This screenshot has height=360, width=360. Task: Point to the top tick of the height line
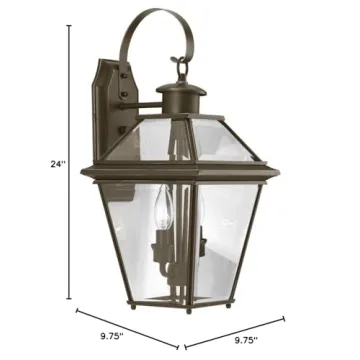69,27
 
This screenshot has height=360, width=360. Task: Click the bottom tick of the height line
69,299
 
